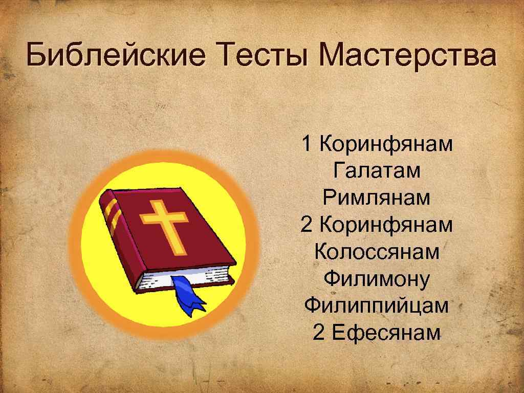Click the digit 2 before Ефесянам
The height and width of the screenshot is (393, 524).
(x=318, y=333)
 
